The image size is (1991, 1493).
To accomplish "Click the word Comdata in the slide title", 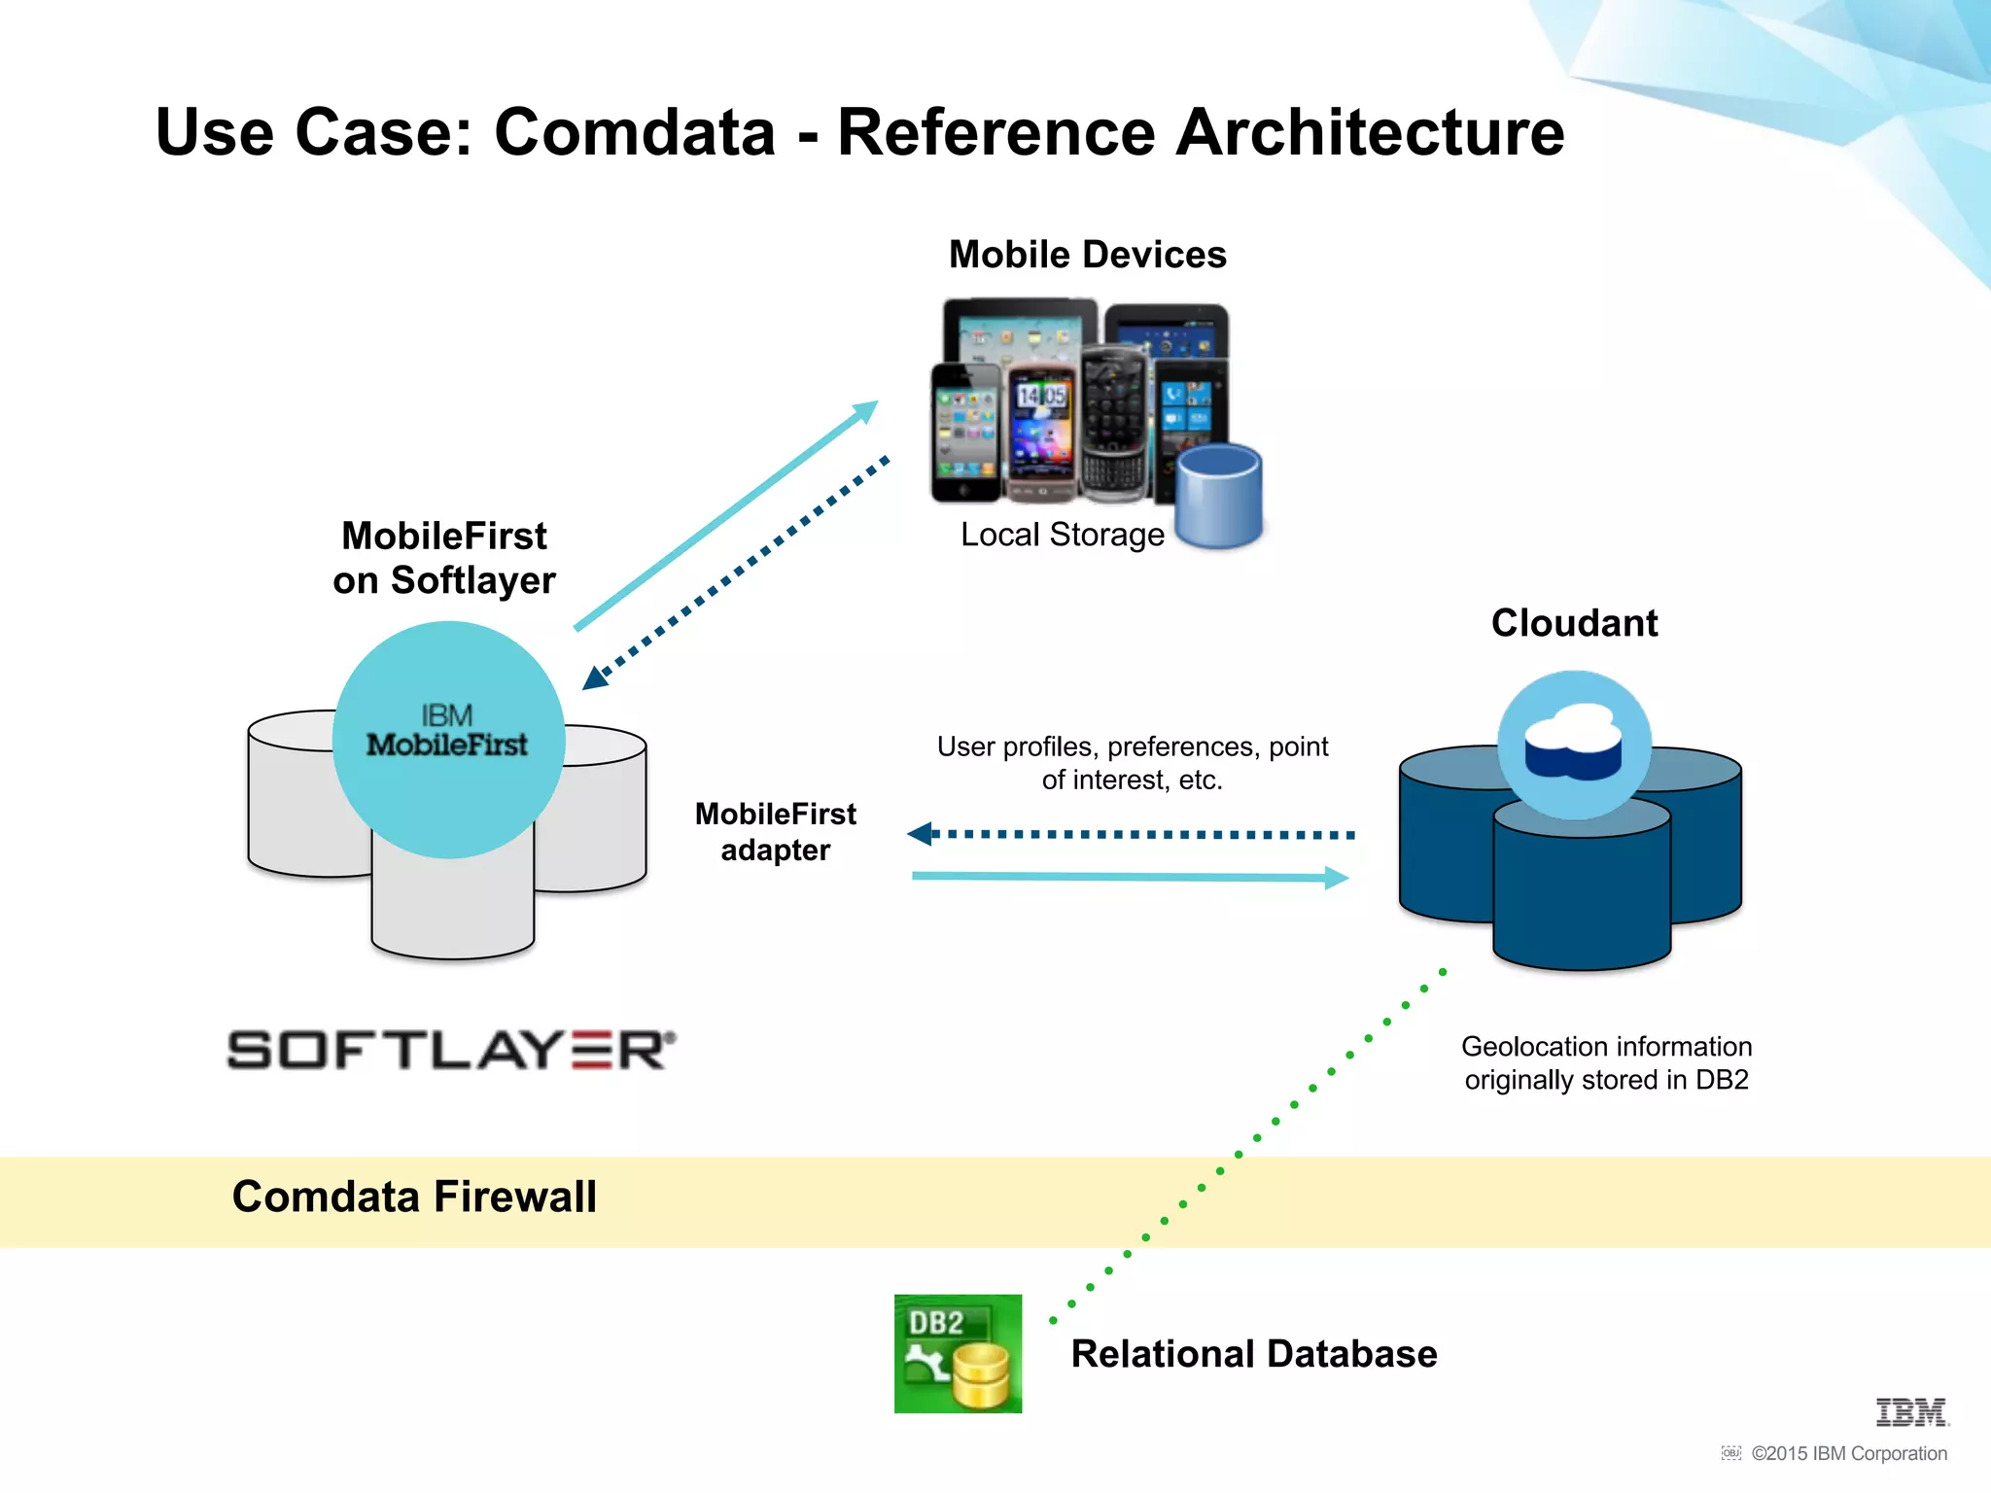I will (x=634, y=133).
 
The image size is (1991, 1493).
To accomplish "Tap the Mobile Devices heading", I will (x=1087, y=255).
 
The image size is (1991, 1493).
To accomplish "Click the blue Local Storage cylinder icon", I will (x=1218, y=496).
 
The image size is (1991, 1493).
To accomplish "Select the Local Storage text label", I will (x=1062, y=535).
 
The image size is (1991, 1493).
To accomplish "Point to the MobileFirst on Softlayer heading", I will (x=444, y=558).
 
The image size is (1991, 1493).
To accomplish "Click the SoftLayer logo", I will (x=451, y=1051).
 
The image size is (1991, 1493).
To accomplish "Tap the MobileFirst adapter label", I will (x=775, y=831).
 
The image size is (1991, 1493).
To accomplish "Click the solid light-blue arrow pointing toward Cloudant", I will (x=1128, y=877).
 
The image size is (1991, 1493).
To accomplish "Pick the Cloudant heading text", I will (x=1574, y=623).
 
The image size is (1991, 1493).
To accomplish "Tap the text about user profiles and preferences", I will (x=1132, y=763).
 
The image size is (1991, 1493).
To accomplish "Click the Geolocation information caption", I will (x=1606, y=1063).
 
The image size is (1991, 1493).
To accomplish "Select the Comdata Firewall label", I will (x=414, y=1197).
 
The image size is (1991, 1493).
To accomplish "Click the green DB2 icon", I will (x=958, y=1353).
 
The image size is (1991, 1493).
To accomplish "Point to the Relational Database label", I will (x=1253, y=1354).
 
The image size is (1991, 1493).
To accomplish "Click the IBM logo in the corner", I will (x=1910, y=1412).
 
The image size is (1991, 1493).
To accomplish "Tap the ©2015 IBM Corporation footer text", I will (x=1848, y=1453).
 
